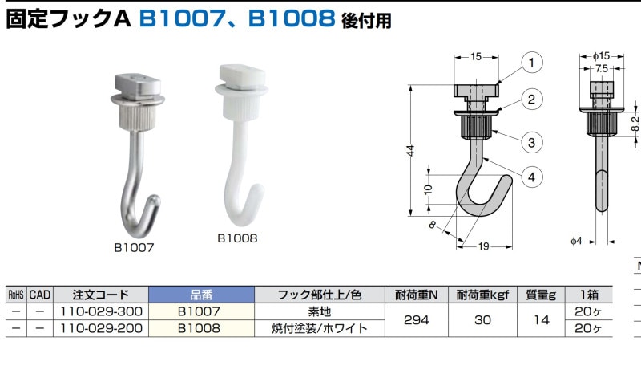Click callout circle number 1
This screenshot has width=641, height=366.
coord(531,63)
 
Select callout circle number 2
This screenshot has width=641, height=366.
coord(531,99)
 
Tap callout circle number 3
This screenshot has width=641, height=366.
coord(531,143)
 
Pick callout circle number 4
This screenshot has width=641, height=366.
coord(531,177)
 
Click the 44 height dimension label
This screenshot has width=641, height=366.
coord(410,150)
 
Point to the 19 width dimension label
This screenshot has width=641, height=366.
coord(484,246)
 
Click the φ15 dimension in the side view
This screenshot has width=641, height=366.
coord(602,55)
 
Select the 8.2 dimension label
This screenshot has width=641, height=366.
coord(635,124)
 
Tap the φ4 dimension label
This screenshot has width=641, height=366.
coord(576,241)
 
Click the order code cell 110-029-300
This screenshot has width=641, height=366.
coord(101,311)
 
